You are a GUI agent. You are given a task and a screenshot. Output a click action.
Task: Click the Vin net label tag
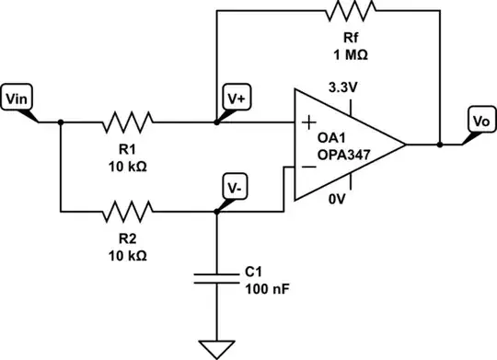[18, 99]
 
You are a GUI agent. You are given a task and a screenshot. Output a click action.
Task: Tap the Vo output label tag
[479, 122]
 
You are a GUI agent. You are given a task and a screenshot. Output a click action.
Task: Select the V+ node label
[236, 98]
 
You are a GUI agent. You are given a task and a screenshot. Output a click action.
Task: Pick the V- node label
[236, 188]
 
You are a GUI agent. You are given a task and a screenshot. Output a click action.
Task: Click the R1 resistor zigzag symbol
[130, 121]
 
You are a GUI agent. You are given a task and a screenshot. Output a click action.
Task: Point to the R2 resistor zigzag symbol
[130, 211]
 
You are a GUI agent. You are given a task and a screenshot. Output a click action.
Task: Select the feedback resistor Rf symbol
[350, 12]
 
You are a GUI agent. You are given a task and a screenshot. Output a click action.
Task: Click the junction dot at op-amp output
[440, 144]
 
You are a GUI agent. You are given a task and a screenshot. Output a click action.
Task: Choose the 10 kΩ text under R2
[130, 254]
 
